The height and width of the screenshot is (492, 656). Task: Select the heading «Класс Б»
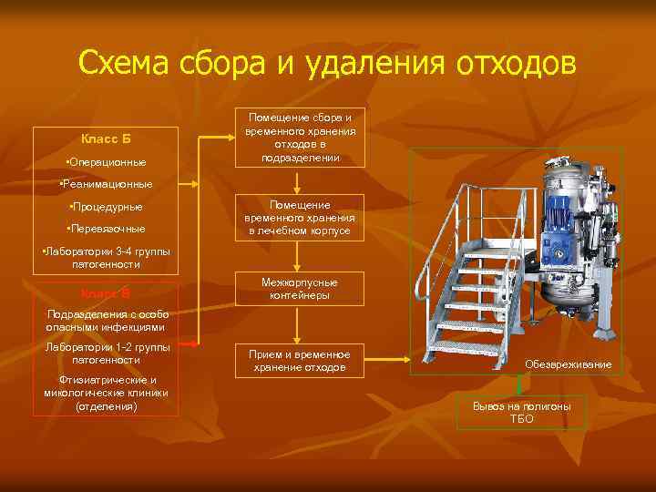106,138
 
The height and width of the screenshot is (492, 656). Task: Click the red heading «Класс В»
106,293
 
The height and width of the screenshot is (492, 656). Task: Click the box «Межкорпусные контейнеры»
299,289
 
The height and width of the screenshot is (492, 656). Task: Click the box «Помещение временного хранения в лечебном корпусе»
299,219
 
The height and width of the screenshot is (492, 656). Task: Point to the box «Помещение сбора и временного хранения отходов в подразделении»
299,138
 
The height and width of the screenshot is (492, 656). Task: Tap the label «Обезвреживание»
568,364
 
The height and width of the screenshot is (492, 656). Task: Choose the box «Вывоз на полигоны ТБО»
522,412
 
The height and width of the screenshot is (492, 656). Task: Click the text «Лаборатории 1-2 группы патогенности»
107,354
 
